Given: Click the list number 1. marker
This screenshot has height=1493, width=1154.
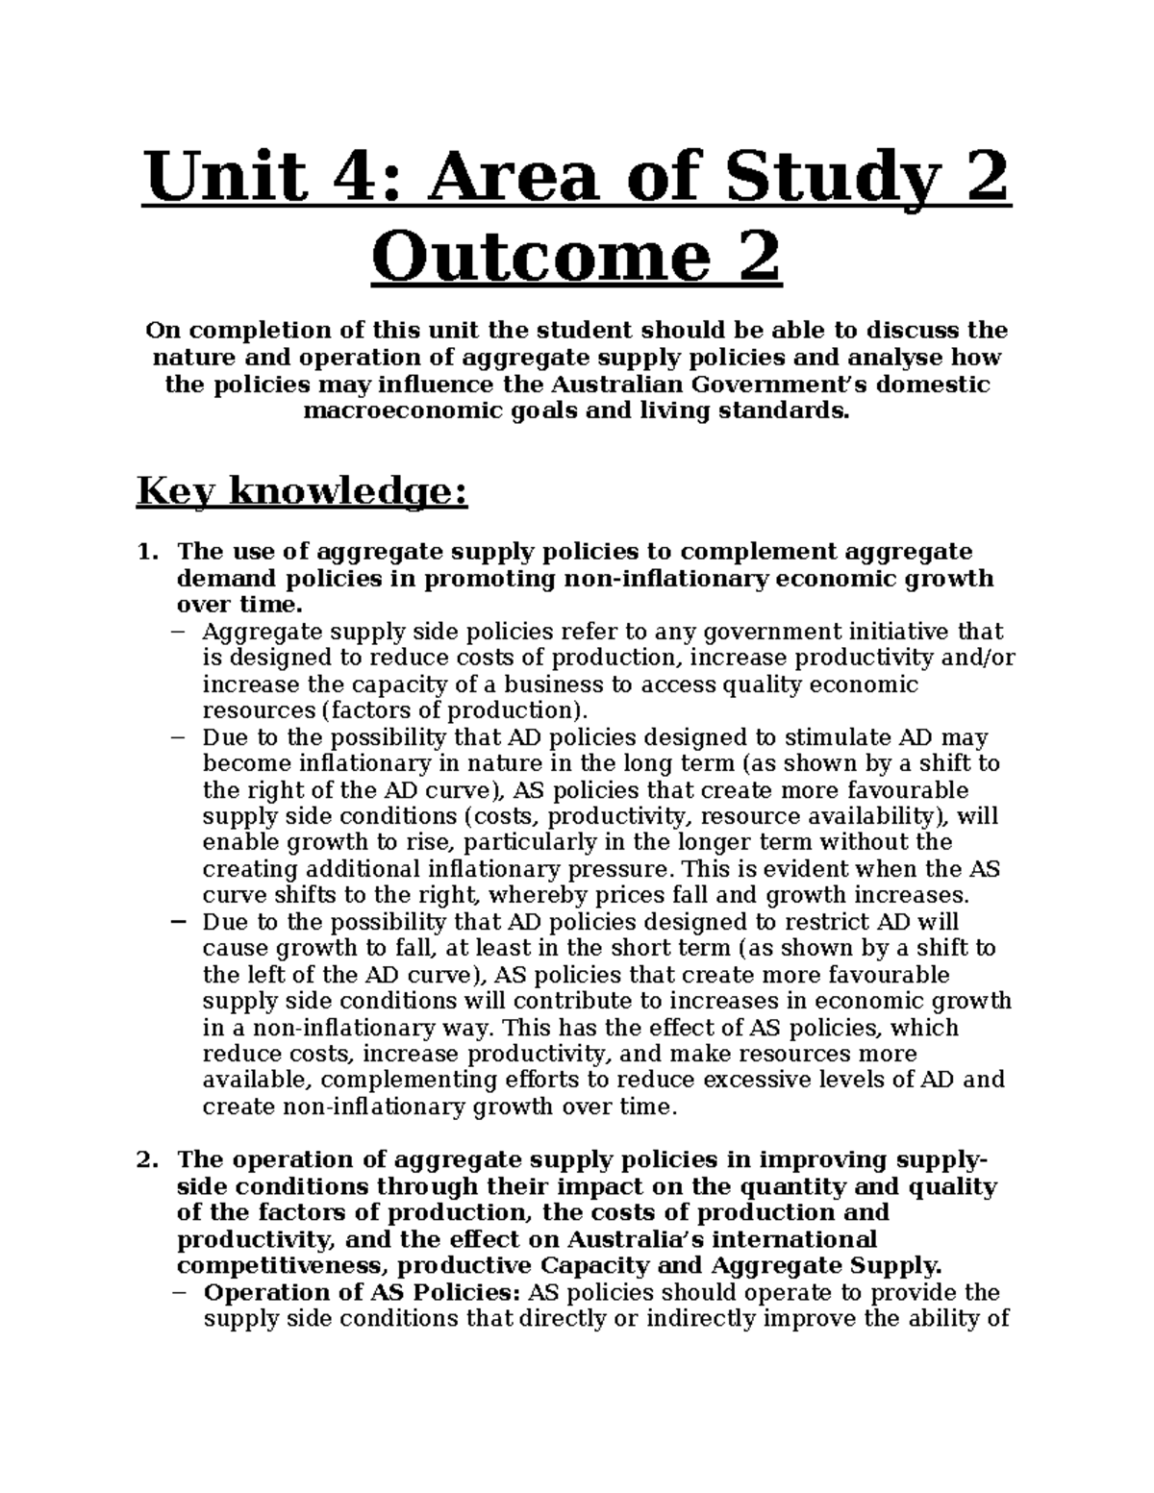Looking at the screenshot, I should (x=146, y=552).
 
